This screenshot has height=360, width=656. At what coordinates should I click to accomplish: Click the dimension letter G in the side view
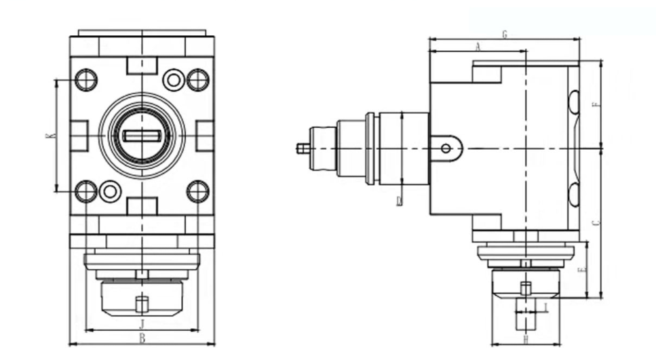(x=505, y=34)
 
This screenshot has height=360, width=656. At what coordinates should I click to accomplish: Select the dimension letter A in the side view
(x=478, y=46)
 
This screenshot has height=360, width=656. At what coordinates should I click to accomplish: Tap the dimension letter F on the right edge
(x=596, y=105)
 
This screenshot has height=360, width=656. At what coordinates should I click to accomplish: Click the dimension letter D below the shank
(x=400, y=200)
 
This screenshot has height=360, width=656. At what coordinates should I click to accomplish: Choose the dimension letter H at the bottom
(x=525, y=338)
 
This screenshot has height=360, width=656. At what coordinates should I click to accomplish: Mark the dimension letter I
(x=546, y=308)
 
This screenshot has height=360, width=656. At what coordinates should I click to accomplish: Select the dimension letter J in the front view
(x=142, y=324)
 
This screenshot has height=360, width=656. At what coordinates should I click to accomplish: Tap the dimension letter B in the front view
(x=142, y=338)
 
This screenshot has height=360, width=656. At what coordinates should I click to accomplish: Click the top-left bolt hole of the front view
(x=86, y=80)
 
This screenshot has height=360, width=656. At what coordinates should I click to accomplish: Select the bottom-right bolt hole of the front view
(x=197, y=191)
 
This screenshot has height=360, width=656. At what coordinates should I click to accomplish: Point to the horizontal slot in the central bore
(x=142, y=136)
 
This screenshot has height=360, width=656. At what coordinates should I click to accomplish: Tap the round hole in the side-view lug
(x=446, y=148)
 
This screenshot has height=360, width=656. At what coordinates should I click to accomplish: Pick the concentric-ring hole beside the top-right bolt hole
(x=174, y=80)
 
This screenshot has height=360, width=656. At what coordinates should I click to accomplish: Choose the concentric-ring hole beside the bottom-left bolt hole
(x=110, y=191)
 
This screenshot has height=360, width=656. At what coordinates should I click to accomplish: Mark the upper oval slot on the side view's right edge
(x=574, y=102)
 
